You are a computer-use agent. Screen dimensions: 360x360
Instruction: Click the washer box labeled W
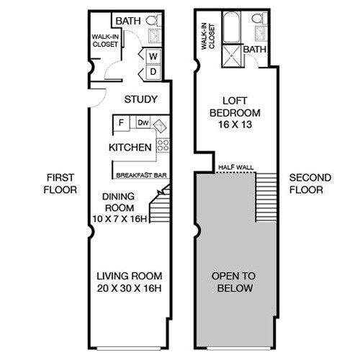[153, 56]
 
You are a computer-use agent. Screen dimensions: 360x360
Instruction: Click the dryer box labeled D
[153, 71]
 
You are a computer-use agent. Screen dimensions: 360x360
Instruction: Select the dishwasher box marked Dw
[143, 123]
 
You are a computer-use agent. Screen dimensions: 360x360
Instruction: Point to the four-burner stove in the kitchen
[163, 146]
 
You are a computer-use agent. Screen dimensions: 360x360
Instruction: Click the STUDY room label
[140, 99]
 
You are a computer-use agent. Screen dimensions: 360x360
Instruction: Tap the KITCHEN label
[130, 148]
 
